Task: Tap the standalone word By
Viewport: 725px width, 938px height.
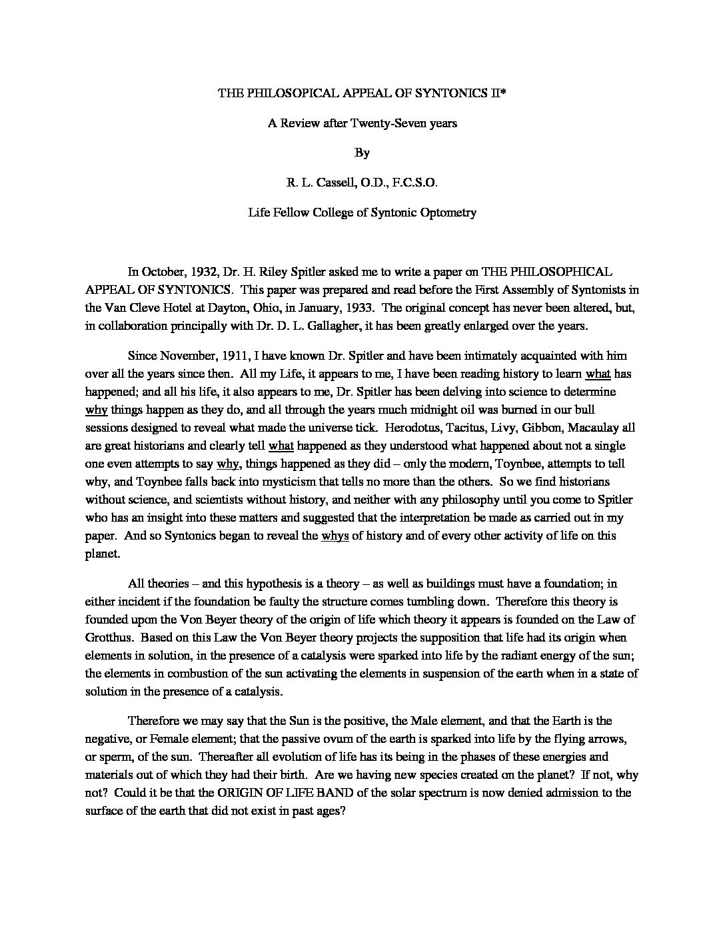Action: pyautogui.click(x=362, y=153)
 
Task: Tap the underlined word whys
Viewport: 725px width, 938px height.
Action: pyautogui.click(x=335, y=536)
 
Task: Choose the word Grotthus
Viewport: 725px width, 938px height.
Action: pyautogui.click(x=109, y=638)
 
